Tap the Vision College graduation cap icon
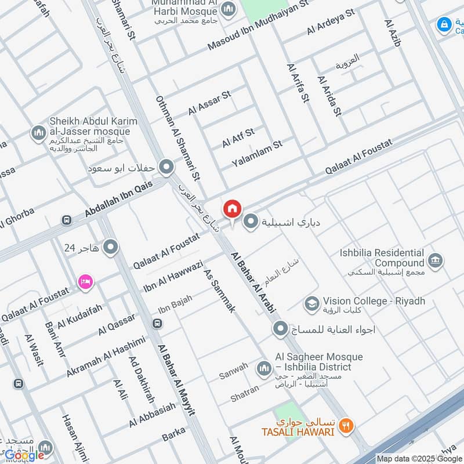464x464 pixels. pyautogui.click(x=311, y=302)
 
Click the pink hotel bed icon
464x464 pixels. pyautogui.click(x=85, y=281)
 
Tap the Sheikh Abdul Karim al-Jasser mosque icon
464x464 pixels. pyautogui.click(x=39, y=133)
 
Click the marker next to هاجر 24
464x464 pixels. pyautogui.click(x=110, y=249)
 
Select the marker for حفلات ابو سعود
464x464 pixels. pyautogui.click(x=167, y=168)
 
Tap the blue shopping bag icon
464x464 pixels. pyautogui.click(x=444, y=24)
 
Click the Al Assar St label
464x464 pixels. pyautogui.click(x=209, y=102)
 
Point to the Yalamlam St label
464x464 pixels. pyautogui.click(x=256, y=152)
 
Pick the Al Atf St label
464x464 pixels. pyautogui.click(x=238, y=138)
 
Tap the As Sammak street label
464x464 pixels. pyautogui.click(x=220, y=291)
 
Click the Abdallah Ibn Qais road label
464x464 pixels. pyautogui.click(x=119, y=198)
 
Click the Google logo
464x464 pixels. pyautogui.click(x=24, y=455)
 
